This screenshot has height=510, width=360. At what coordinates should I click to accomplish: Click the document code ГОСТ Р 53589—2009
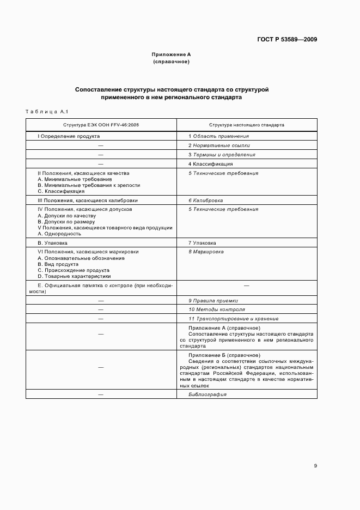point(287,39)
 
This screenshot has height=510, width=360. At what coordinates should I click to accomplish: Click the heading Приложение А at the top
point(171,54)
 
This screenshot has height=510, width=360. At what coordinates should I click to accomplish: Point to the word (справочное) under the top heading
point(171,62)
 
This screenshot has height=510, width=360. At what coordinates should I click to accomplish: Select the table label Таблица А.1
point(46,112)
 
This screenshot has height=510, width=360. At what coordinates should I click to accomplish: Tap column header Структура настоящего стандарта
point(246,125)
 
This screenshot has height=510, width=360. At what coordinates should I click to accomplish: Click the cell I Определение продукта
point(68,136)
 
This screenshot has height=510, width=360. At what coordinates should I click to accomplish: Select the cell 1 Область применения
point(218,136)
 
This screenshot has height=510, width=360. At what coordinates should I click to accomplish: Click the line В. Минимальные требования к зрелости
point(80,185)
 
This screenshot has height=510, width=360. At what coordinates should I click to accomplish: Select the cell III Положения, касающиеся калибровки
point(80,201)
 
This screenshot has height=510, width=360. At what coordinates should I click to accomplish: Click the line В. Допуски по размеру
point(65,222)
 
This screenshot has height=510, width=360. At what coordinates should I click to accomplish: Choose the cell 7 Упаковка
point(202,242)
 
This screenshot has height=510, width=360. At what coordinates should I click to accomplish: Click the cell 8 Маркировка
point(206,252)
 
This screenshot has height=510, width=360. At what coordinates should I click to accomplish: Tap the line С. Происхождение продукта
point(74,270)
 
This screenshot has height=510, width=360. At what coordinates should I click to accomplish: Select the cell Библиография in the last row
point(208,394)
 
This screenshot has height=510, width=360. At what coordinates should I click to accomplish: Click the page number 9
point(315,466)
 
